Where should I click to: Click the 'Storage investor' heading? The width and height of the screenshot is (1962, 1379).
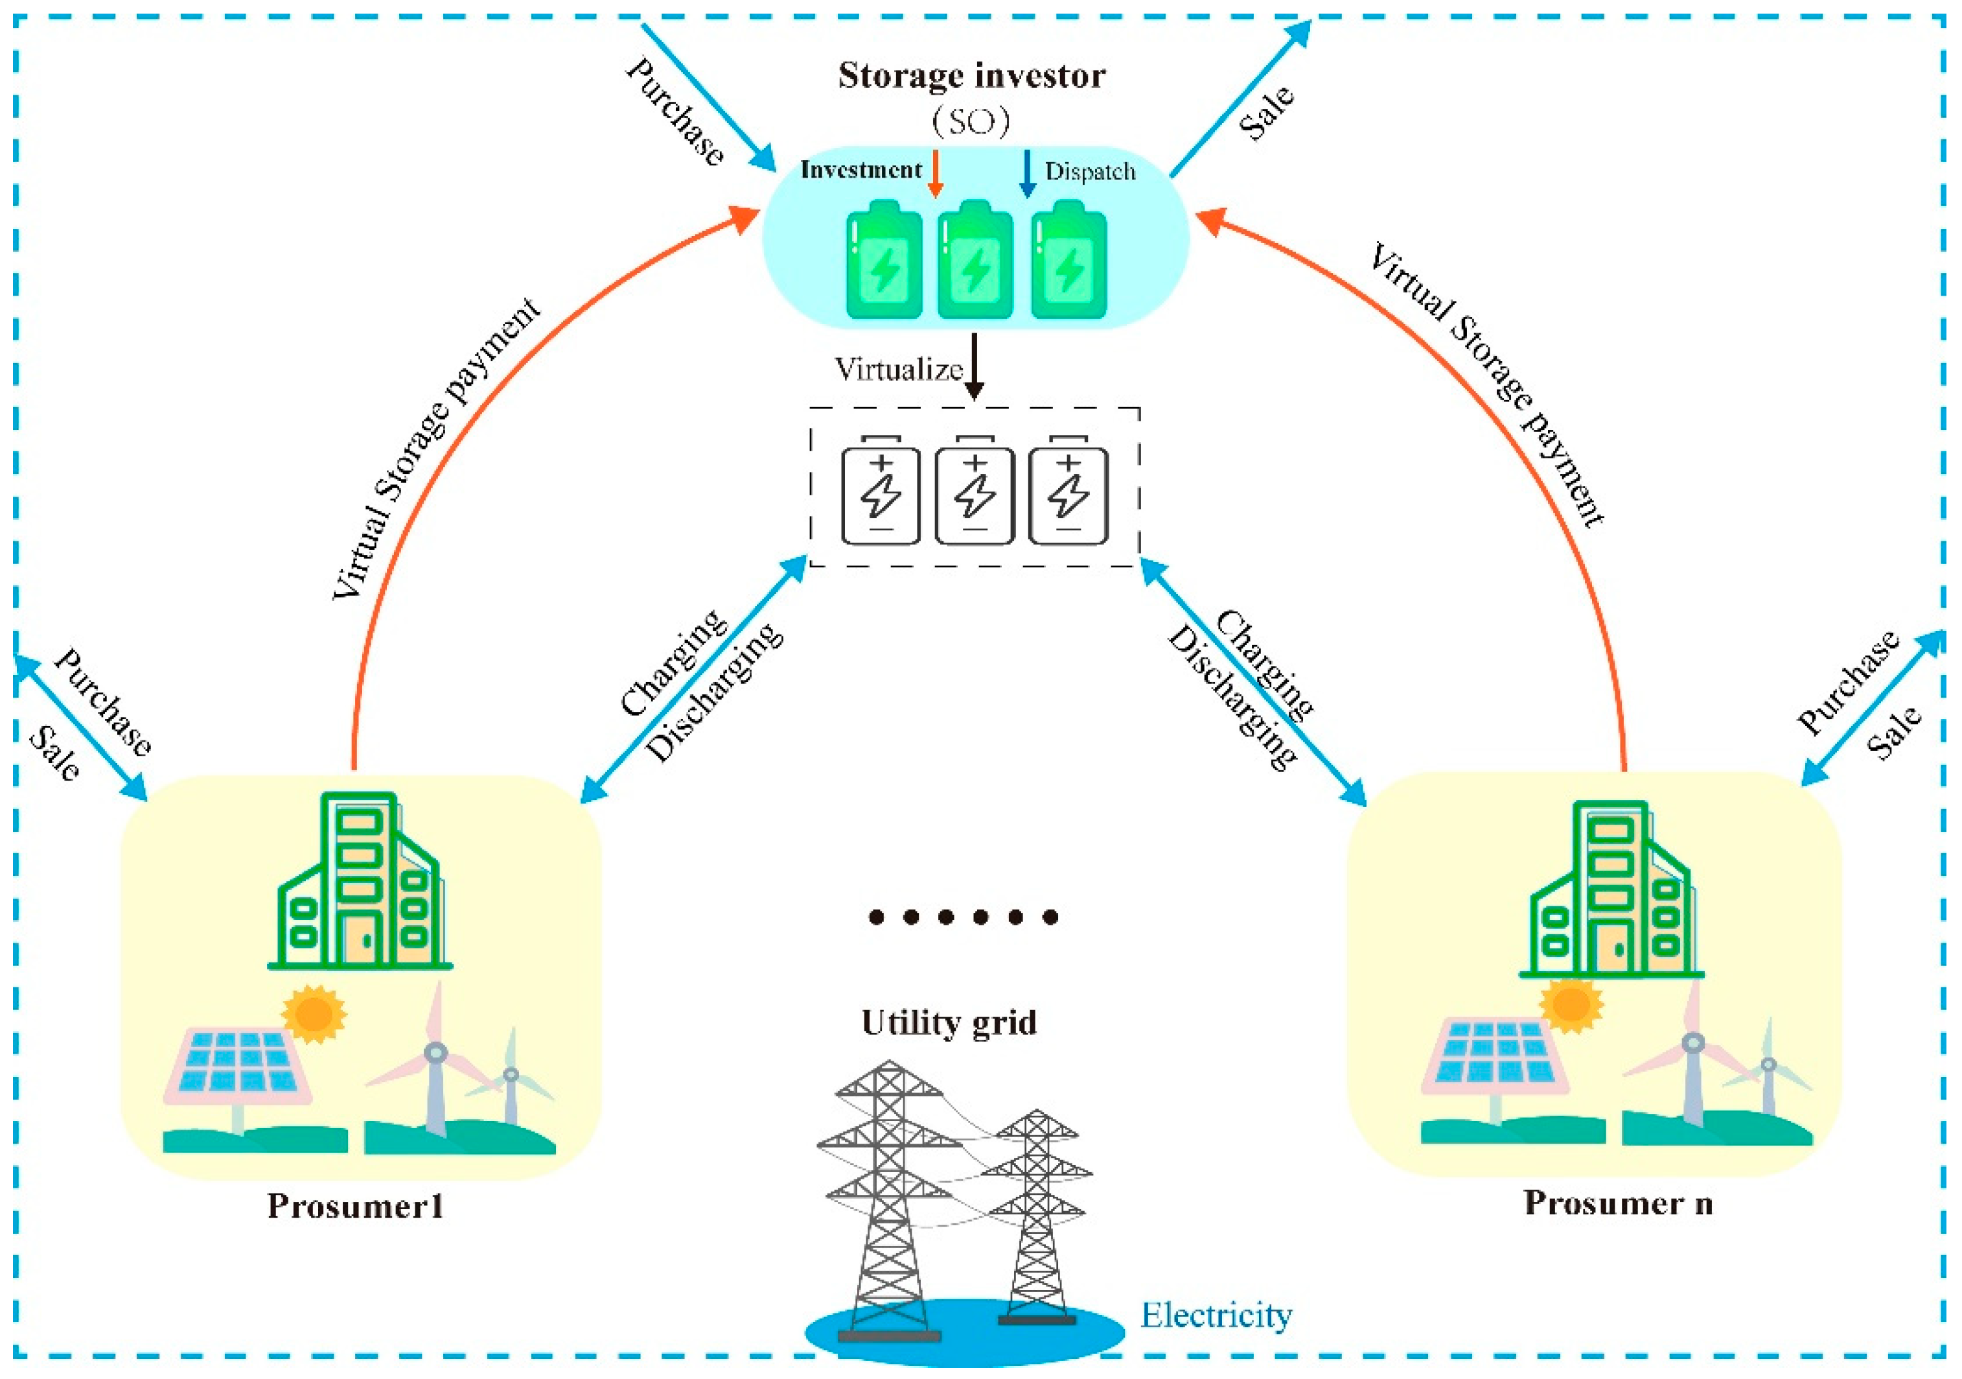(x=971, y=75)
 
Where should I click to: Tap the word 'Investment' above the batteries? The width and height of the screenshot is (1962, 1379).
(x=860, y=170)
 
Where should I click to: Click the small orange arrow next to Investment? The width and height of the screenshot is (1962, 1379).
(x=935, y=174)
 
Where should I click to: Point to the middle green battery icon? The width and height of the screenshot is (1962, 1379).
(x=975, y=261)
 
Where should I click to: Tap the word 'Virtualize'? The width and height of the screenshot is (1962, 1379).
(x=898, y=370)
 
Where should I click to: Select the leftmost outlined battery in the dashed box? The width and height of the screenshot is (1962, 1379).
(x=881, y=493)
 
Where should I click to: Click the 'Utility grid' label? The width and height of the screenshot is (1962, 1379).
(x=949, y=1022)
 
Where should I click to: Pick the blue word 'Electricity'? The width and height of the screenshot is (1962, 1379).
(x=1216, y=1315)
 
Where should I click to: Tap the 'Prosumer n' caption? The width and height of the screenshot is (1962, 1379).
(x=1618, y=1203)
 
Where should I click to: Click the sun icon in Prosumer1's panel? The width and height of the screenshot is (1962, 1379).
(x=314, y=1014)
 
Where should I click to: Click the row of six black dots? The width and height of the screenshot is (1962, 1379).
(x=963, y=917)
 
